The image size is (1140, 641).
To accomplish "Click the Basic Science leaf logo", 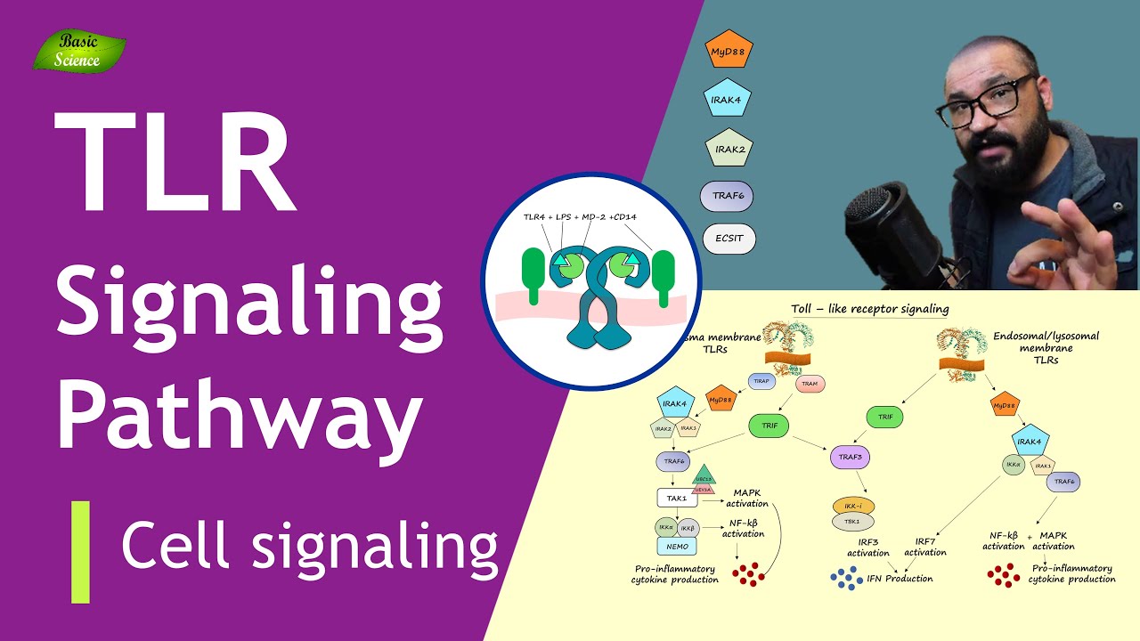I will coord(78,51).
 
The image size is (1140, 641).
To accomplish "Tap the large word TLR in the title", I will coord(174,162).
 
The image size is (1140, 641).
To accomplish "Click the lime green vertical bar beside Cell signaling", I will coord(81,551).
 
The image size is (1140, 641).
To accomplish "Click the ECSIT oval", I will coord(729,239).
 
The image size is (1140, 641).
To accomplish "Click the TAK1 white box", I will coord(676,499).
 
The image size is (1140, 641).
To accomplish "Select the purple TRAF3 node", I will coord(851,458).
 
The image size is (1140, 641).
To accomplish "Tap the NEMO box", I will coord(676,546).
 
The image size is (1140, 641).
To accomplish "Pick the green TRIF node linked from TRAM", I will coord(769,426).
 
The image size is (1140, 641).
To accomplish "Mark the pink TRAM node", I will coord(809,384).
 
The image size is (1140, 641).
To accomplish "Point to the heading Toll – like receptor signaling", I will coord(869,309).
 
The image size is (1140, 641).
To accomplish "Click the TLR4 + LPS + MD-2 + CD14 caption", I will coord(588,216).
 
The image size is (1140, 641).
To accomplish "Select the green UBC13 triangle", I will coord(704,474).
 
